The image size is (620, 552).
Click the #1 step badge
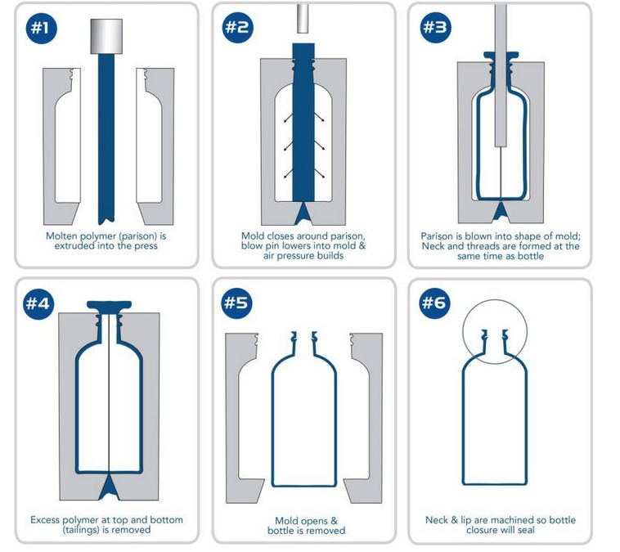click(x=42, y=28)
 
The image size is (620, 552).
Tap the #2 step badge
click(x=237, y=27)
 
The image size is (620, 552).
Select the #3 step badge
click(x=435, y=27)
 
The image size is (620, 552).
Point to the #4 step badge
click(x=38, y=303)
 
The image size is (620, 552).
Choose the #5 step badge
click(x=236, y=303)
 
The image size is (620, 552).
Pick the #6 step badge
click(x=434, y=303)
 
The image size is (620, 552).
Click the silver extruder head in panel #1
click(x=106, y=36)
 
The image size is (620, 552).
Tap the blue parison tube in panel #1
click(x=106, y=139)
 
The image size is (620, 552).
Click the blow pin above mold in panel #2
click(x=303, y=19)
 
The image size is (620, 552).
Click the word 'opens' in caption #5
click(x=317, y=521)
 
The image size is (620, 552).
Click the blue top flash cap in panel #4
click(x=109, y=305)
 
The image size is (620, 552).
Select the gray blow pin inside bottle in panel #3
click(x=501, y=75)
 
